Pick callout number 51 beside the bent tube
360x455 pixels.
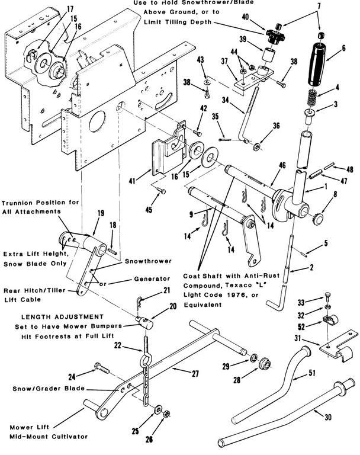click(x=312, y=374)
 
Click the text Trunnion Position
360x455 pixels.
click(x=36, y=203)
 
